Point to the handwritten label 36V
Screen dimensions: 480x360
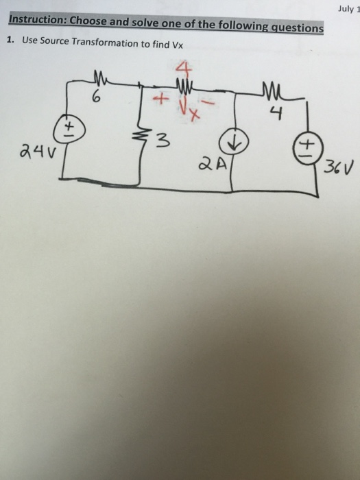click(336, 166)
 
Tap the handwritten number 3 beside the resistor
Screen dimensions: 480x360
click(162, 143)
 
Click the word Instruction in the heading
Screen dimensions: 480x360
click(33, 20)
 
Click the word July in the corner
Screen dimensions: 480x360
click(346, 8)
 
